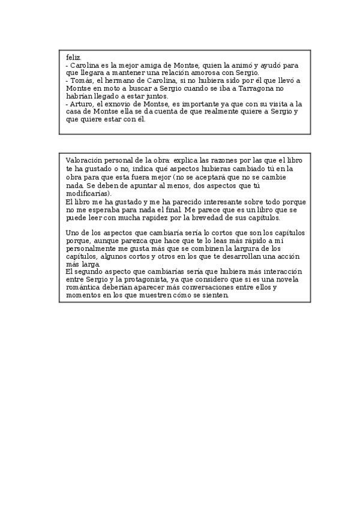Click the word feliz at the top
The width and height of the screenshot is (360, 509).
pos(72,57)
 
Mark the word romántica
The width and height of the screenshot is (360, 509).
pos(82,288)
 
